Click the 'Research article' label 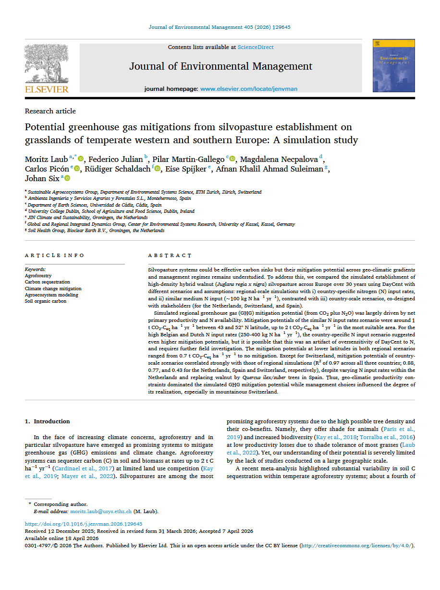[50, 111]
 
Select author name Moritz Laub [46, 159]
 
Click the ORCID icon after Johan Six [67, 178]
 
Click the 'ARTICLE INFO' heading [54, 255]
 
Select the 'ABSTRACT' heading [170, 255]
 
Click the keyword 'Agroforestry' [38, 276]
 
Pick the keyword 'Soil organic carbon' [45, 301]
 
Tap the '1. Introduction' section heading [47, 421]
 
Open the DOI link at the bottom [84, 524]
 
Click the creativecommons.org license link [355, 546]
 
